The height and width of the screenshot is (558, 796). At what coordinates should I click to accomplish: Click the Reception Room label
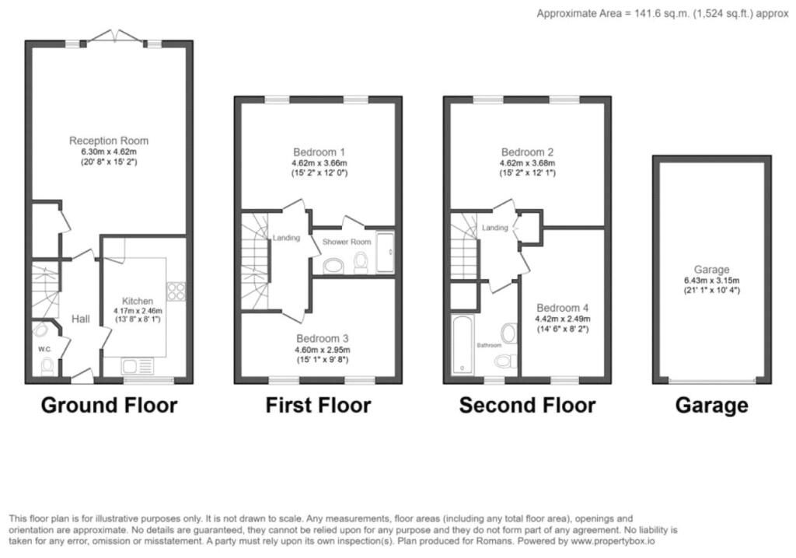(x=109, y=141)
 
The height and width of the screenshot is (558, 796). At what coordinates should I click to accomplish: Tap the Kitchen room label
(x=138, y=301)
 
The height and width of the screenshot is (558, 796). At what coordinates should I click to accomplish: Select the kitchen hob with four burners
(x=176, y=291)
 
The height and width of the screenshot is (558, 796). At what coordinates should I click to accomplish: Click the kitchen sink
(x=138, y=365)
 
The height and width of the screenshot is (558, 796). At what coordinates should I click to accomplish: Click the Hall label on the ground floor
(x=81, y=319)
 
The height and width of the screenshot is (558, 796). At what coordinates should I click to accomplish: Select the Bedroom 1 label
(x=319, y=151)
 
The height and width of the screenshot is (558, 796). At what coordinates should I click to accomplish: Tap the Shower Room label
(x=347, y=242)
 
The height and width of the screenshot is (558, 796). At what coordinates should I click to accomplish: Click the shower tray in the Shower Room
(x=385, y=252)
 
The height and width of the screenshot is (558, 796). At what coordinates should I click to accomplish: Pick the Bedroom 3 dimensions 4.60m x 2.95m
(x=322, y=350)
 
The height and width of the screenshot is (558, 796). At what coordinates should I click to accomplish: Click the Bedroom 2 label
(x=527, y=152)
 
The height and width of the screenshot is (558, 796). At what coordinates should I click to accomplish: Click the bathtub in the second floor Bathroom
(x=463, y=344)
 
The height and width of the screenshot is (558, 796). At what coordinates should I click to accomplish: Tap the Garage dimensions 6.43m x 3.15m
(x=712, y=281)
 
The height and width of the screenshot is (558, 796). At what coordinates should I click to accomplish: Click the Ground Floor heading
(x=109, y=405)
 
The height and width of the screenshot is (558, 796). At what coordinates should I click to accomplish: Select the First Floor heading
(x=318, y=405)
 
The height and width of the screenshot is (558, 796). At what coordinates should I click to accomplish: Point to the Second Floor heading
(x=527, y=405)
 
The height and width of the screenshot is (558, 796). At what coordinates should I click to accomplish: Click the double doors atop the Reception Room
(x=113, y=37)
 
